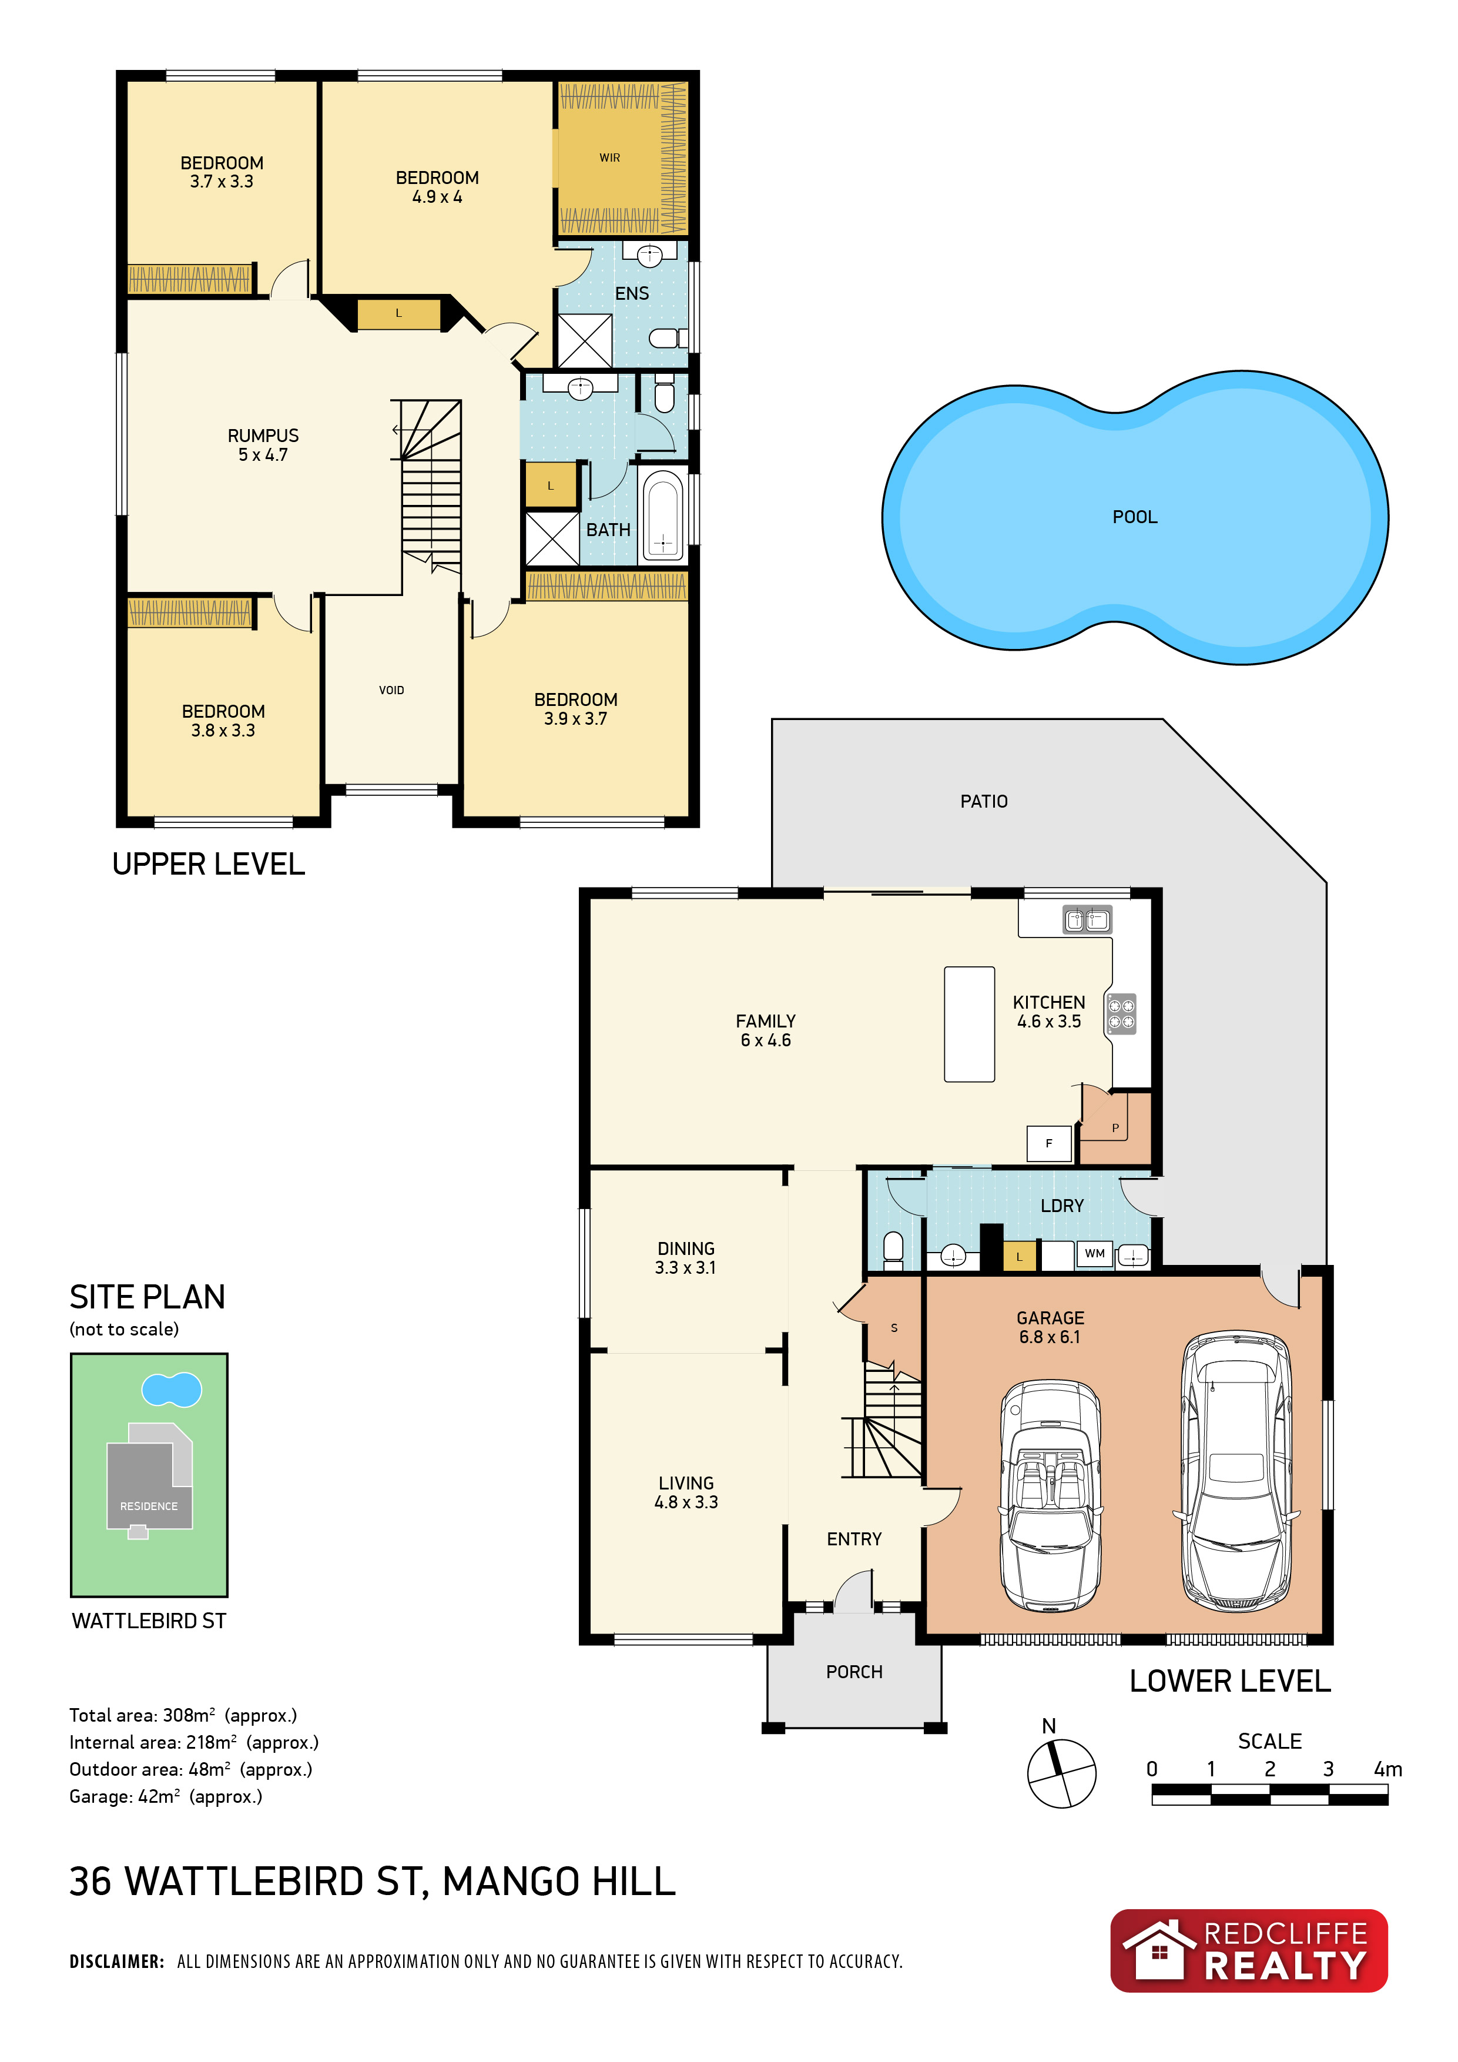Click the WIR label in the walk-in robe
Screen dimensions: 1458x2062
coord(609,158)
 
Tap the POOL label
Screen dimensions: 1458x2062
coord(1135,517)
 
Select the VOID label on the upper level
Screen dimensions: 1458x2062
coord(391,689)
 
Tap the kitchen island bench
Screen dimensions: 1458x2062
coord(970,1024)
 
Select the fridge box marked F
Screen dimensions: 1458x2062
coord(1048,1143)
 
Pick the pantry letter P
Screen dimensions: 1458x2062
coord(1116,1128)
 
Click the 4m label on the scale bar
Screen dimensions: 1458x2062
coord(1388,1769)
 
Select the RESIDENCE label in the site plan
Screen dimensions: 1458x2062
coord(149,1506)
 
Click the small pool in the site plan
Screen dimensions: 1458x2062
coord(172,1390)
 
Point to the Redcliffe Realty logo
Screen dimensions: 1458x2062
coord(1249,1951)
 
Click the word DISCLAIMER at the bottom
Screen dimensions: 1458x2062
coord(117,1961)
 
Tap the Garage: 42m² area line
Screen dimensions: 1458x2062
coord(166,1796)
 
